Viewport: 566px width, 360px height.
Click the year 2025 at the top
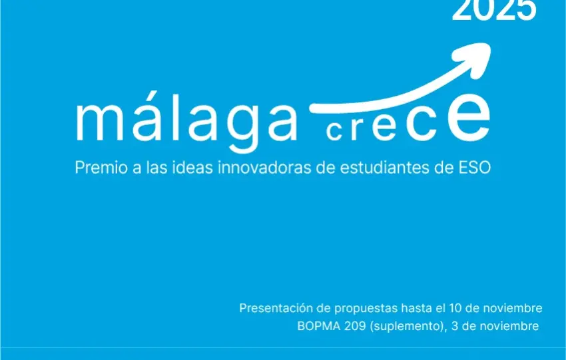click(x=493, y=9)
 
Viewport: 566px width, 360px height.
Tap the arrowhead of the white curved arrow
click(x=481, y=51)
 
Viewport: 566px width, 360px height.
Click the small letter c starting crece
click(x=334, y=132)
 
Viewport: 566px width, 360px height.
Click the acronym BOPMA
click(x=316, y=326)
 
